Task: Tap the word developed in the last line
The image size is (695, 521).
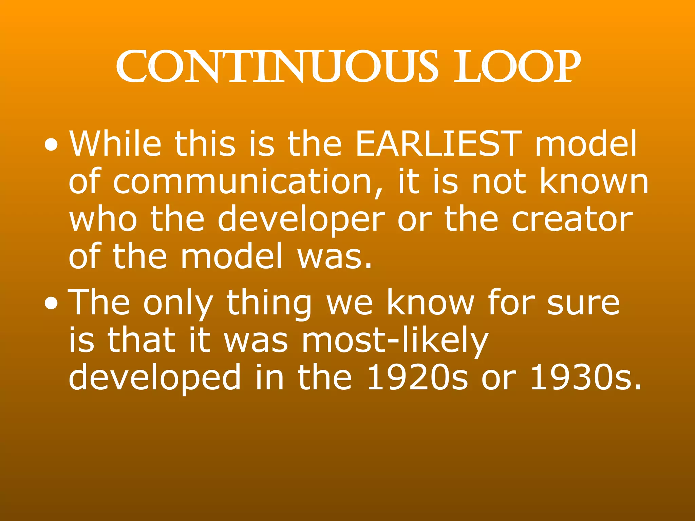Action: pyautogui.click(x=155, y=377)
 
